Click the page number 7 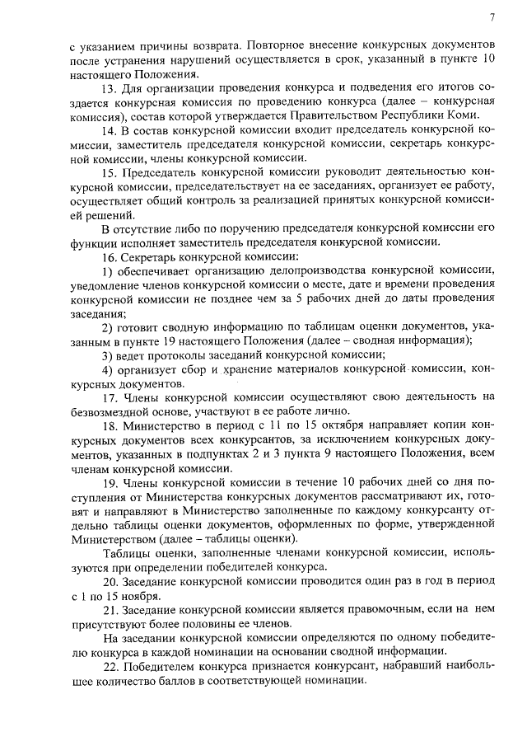[492, 17]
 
